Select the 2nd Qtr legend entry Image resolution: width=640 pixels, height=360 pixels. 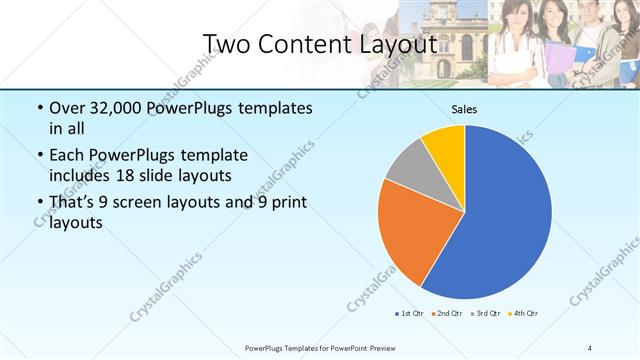point(446,314)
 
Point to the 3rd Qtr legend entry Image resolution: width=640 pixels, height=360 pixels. point(485,314)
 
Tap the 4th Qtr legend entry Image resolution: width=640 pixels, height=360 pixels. point(523,314)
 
